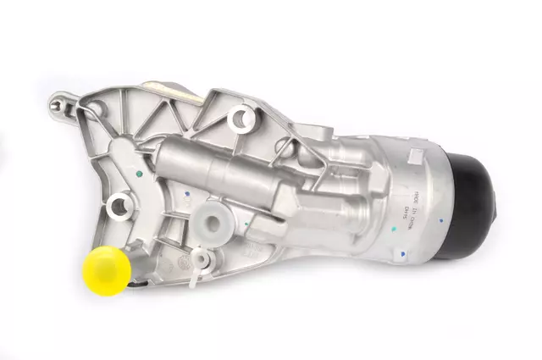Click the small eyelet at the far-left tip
coord(59,106)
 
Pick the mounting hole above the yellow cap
coord(120,202)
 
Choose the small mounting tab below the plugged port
coord(200,258)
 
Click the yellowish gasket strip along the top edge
coord(169,87)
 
